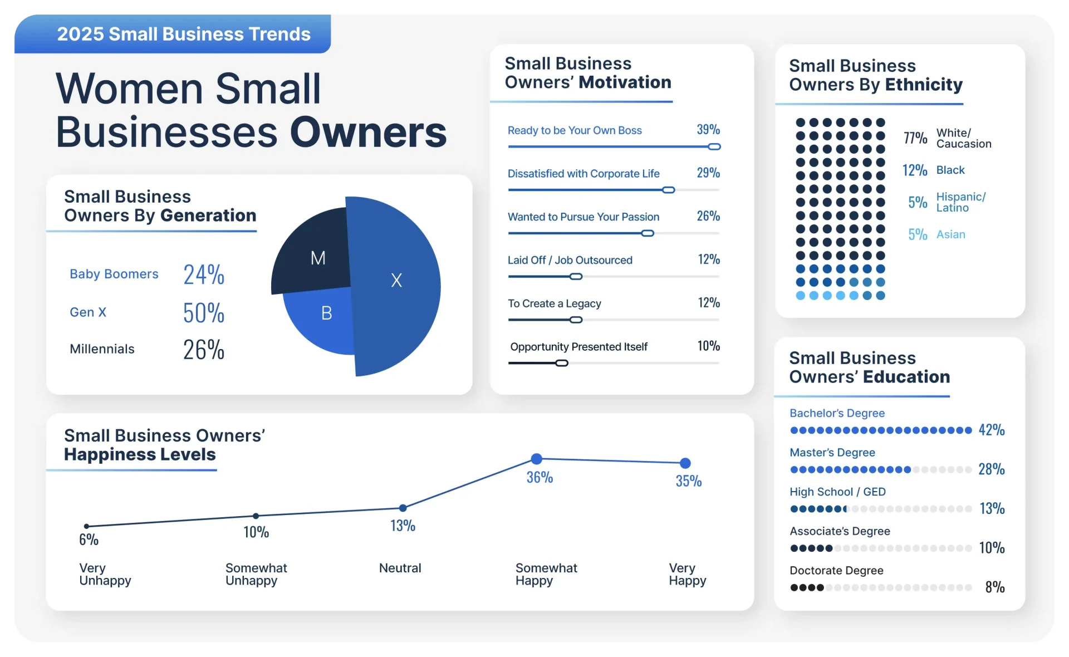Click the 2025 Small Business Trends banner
point(183,34)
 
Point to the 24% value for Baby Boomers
point(204,274)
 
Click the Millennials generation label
point(102,349)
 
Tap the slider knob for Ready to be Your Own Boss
point(714,147)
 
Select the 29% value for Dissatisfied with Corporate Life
point(708,173)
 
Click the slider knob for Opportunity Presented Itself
point(562,364)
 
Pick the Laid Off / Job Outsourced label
point(570,260)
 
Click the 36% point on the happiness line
point(536,459)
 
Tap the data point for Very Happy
point(685,463)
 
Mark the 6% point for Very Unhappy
point(86,526)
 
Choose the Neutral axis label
point(400,568)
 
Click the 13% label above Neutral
point(403,526)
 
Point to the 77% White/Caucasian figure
point(915,138)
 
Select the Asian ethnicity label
point(950,234)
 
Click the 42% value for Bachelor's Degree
point(992,430)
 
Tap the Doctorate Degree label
point(836,571)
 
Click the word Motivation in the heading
point(625,82)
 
